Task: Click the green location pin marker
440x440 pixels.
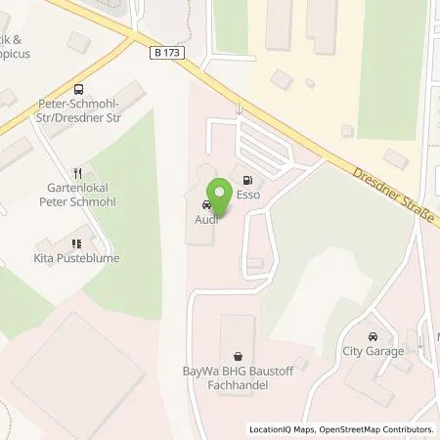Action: click(221, 190)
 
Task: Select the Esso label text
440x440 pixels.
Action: click(246, 195)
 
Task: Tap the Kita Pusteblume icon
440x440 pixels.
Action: click(75, 242)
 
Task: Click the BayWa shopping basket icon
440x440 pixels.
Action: click(238, 357)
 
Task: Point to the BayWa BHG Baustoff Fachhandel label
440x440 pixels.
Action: click(238, 379)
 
